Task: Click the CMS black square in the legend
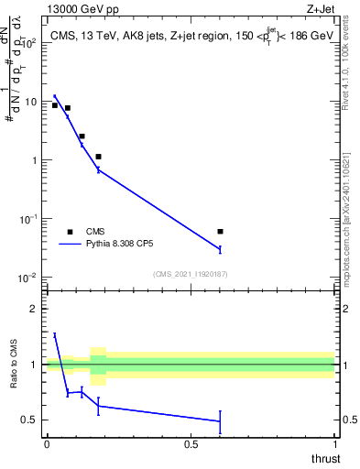(x=70, y=232)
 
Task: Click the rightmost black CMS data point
(x=220, y=232)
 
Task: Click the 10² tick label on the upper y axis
(x=27, y=43)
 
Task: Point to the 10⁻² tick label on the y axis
(x=27, y=278)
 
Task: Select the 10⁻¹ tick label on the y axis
(x=27, y=219)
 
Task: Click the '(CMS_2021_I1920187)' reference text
(x=190, y=273)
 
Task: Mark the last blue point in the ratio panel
(x=220, y=421)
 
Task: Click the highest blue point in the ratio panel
(x=55, y=335)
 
